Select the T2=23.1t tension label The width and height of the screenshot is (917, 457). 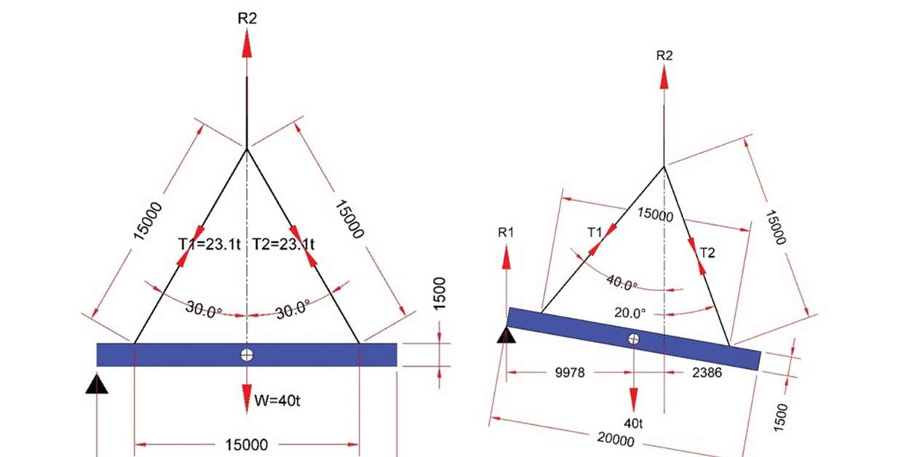(x=283, y=245)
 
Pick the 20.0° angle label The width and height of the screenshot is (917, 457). (x=630, y=313)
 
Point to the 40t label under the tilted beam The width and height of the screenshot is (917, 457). (x=633, y=421)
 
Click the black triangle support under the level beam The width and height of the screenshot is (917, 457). (x=97, y=384)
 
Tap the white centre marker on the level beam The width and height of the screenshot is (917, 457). (x=247, y=354)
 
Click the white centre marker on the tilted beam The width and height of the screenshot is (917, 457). (x=634, y=338)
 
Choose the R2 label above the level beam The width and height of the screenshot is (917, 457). (x=247, y=18)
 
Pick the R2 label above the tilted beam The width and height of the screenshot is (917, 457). (x=664, y=55)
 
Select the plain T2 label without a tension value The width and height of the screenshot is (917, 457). (x=707, y=253)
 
